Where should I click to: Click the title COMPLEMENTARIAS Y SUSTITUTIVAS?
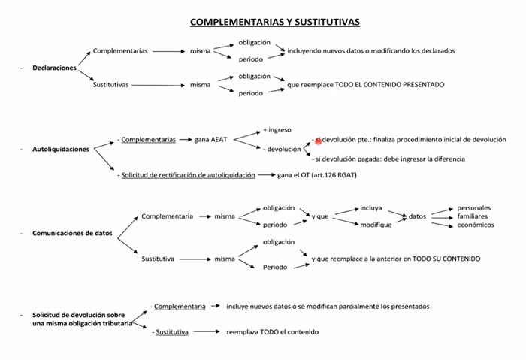tap(275, 22)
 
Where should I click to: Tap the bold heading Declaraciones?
tap(54, 68)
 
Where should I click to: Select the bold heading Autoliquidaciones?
tap(61, 150)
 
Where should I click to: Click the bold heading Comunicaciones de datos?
tap(72, 233)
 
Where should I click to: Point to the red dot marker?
tap(319, 141)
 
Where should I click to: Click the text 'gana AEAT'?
tap(210, 140)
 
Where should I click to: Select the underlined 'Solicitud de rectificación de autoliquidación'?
tap(188, 175)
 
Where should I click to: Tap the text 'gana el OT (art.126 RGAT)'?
tap(316, 175)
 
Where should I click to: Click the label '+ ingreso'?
tap(277, 130)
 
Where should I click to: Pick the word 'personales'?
tap(473, 208)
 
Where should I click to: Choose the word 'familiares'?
tap(473, 216)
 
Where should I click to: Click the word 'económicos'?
tap(476, 225)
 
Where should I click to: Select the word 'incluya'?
tap(371, 208)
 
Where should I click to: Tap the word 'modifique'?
tap(376, 225)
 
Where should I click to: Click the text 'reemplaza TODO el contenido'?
tap(272, 332)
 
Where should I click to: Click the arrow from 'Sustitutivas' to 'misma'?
tap(158, 85)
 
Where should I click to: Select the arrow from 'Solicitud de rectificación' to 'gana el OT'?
tap(267, 175)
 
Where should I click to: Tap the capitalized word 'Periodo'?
tap(275, 267)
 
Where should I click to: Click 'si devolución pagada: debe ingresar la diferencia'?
tap(390, 159)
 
